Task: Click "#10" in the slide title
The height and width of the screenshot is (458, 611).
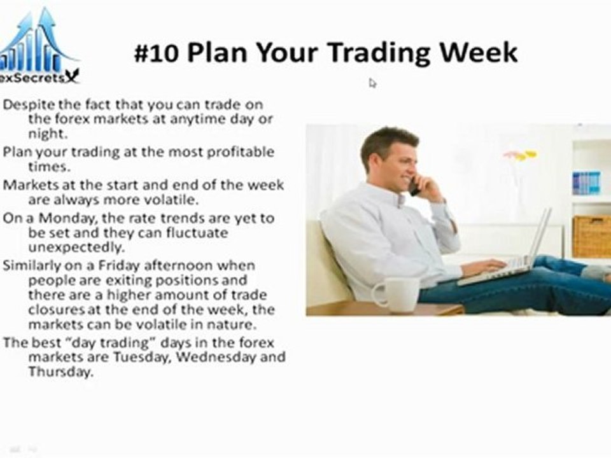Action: (x=157, y=52)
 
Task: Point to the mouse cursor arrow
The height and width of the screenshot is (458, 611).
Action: (x=372, y=83)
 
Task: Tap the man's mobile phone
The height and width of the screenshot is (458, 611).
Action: (x=414, y=186)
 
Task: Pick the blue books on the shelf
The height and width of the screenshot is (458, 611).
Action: (x=586, y=183)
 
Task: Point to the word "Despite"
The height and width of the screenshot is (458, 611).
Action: (x=25, y=104)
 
